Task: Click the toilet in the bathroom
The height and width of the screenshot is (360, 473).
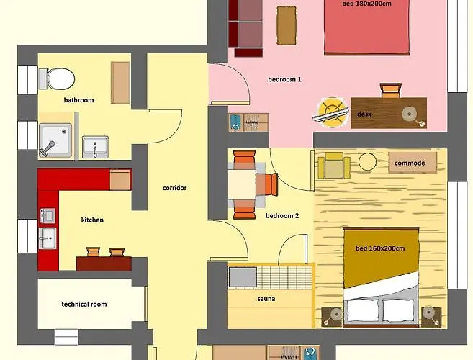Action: click(x=57, y=78)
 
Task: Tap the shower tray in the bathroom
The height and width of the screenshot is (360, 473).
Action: click(x=55, y=140)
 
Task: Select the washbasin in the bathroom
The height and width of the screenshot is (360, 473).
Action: click(x=95, y=147)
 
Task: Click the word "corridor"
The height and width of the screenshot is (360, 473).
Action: click(x=174, y=188)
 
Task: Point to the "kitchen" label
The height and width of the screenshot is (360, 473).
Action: click(x=92, y=220)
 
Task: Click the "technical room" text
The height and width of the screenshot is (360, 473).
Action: click(x=84, y=304)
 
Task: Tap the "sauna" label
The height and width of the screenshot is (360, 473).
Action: click(x=266, y=299)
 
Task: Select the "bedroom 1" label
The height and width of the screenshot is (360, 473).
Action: click(x=284, y=79)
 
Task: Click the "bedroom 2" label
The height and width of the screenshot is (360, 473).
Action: click(x=282, y=216)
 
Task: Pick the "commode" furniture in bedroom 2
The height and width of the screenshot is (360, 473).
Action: click(x=413, y=163)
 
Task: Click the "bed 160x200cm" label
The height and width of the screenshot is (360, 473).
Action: click(x=380, y=248)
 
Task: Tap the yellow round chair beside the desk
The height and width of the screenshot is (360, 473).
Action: click(x=330, y=112)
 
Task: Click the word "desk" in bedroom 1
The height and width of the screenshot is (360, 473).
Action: click(x=364, y=114)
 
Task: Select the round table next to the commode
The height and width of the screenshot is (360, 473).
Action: click(x=367, y=162)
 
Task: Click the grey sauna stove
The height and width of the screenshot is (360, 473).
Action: click(x=243, y=277)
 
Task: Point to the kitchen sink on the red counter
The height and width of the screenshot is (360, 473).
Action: click(x=48, y=238)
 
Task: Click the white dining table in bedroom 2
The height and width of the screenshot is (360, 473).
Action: click(x=242, y=184)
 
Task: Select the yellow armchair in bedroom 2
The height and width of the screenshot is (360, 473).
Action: click(x=333, y=166)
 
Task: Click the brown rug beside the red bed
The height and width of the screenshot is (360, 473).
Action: click(x=287, y=26)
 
